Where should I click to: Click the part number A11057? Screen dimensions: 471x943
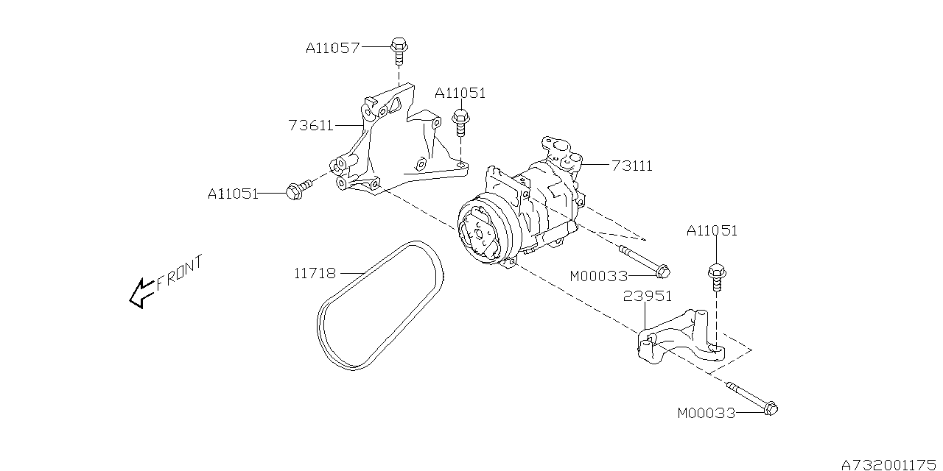[x=332, y=49]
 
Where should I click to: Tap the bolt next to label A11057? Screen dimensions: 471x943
[x=399, y=49]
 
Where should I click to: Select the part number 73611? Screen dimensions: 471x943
[x=312, y=126]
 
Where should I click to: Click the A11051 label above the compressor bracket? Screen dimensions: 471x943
[x=460, y=93]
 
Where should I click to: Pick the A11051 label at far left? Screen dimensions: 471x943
[x=233, y=194]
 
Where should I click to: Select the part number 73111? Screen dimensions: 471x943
[x=632, y=166]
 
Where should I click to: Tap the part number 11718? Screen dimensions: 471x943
[x=315, y=274]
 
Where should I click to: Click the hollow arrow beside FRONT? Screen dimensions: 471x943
[x=140, y=293]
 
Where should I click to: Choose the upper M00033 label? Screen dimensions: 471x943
[x=598, y=277]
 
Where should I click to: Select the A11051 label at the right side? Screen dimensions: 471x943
[x=712, y=230]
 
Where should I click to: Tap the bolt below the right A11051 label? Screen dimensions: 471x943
[x=715, y=279]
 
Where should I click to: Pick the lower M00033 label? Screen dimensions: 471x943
[x=706, y=414]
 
